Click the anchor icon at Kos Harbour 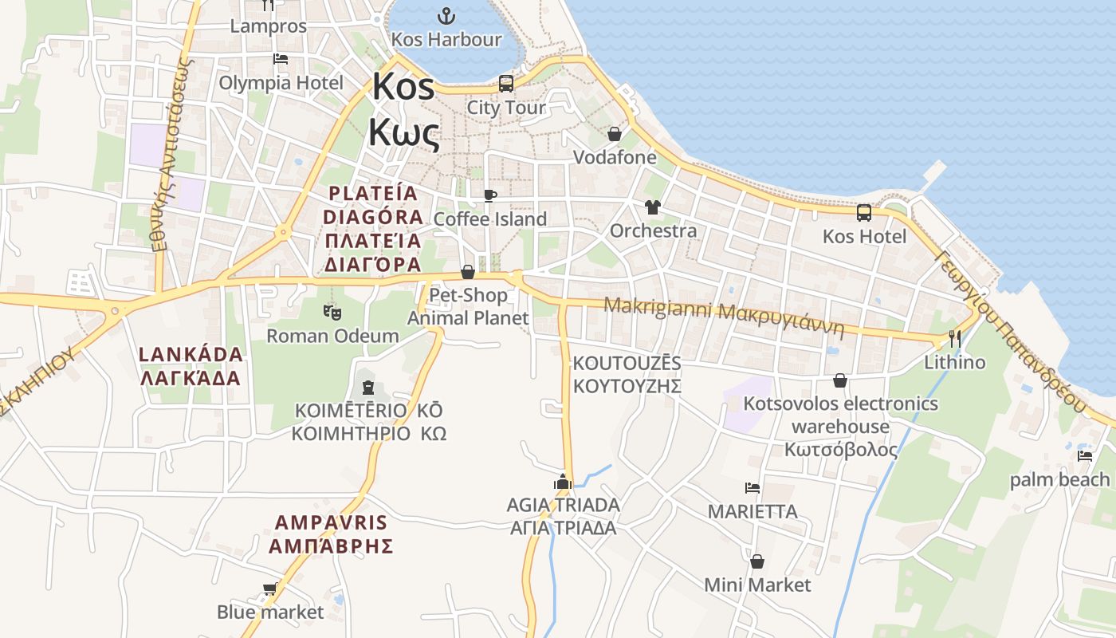click(x=446, y=15)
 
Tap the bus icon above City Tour click(x=505, y=83)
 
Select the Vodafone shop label click(x=615, y=157)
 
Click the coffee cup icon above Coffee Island click(x=490, y=195)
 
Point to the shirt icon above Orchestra click(x=653, y=207)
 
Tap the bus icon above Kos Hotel click(x=864, y=212)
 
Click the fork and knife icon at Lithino click(x=954, y=339)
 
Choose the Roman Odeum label click(x=332, y=336)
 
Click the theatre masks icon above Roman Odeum click(x=332, y=311)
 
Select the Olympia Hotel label click(x=281, y=83)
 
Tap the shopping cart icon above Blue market click(x=270, y=589)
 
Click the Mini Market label click(x=757, y=585)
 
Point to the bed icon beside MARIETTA click(x=752, y=487)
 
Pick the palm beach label click(x=1059, y=479)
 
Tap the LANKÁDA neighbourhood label click(x=191, y=366)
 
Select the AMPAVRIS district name click(x=331, y=534)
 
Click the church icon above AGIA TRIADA click(x=563, y=482)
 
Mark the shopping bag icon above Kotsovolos click(x=840, y=380)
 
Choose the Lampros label click(x=268, y=26)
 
